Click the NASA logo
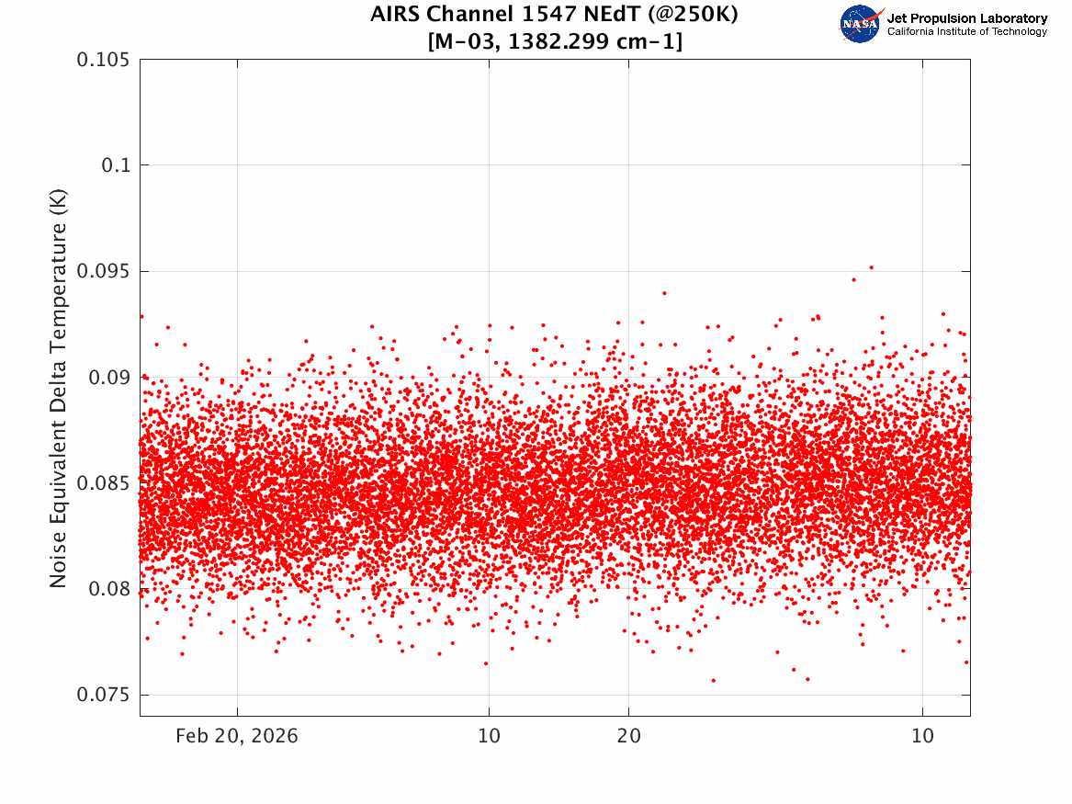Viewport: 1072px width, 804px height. tap(861, 24)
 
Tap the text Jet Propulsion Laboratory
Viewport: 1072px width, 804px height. tap(966, 18)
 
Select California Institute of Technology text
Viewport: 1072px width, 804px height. tap(966, 31)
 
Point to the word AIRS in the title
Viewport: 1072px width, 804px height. tap(395, 14)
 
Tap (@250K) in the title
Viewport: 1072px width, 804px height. tap(693, 15)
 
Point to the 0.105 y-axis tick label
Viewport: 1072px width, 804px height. tap(103, 60)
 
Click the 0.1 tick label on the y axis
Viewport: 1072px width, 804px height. tap(115, 165)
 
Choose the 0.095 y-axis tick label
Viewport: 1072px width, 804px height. tap(103, 271)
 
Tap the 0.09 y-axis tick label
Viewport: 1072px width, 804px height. tap(108, 378)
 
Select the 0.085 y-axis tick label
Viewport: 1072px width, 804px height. tap(103, 483)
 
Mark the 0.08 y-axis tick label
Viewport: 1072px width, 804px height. tap(108, 589)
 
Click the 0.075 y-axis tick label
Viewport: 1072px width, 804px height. tap(103, 695)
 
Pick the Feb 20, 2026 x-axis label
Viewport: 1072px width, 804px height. tap(237, 736)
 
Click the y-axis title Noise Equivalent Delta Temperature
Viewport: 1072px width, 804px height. tap(58, 389)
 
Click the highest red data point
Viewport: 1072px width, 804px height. tap(871, 267)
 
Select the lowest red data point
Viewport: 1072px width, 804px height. tap(713, 680)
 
